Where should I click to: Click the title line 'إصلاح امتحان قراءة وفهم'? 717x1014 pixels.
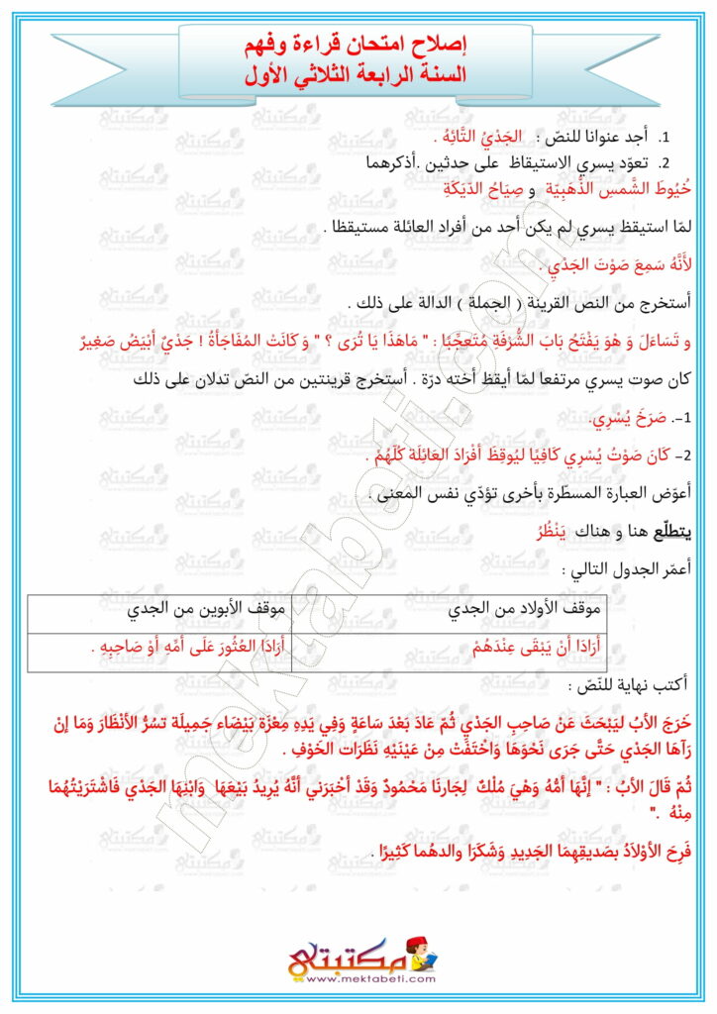[x=358, y=46]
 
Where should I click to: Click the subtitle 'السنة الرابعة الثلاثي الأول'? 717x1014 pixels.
[x=358, y=74]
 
